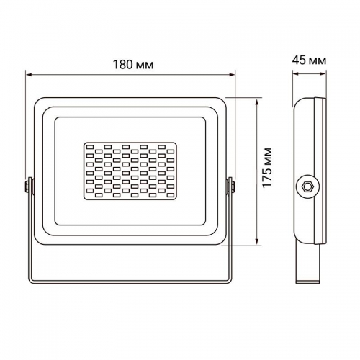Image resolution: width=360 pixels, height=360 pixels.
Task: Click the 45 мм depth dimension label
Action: point(310,60)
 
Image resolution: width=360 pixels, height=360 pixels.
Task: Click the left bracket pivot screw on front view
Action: point(28,186)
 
